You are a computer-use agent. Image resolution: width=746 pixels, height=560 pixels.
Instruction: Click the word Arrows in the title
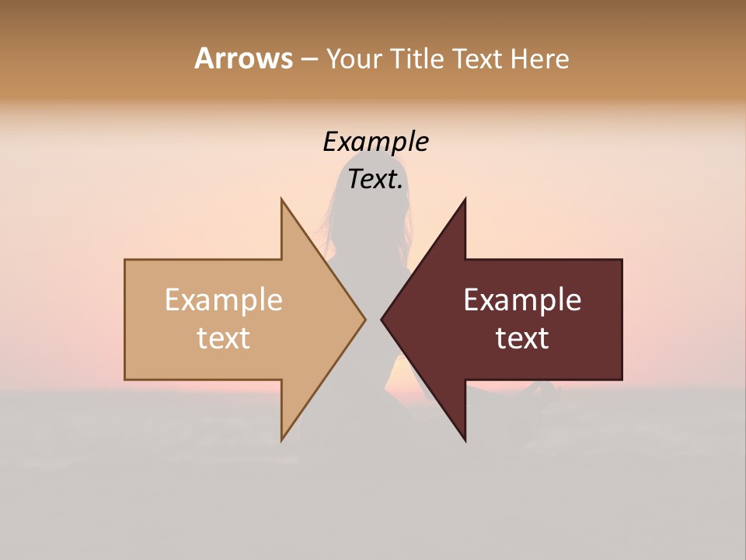[243, 58]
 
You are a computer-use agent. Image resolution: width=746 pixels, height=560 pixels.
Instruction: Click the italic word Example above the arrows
[375, 142]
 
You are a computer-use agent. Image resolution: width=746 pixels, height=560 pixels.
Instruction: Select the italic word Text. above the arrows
[375, 180]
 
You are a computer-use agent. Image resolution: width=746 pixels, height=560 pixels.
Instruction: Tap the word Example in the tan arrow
[224, 300]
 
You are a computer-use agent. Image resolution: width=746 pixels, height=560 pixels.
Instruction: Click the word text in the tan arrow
[224, 338]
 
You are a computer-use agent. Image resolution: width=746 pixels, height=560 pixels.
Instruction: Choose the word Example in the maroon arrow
[522, 300]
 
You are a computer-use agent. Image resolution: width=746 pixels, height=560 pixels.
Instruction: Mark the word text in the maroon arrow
[522, 338]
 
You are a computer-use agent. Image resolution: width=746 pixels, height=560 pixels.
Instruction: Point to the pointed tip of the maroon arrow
[382, 319]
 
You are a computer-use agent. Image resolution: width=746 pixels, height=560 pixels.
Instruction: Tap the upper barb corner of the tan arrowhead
[282, 200]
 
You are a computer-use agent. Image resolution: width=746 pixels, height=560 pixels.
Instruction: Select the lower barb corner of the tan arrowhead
[282, 439]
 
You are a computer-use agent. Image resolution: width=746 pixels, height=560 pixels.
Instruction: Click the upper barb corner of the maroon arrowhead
[465, 200]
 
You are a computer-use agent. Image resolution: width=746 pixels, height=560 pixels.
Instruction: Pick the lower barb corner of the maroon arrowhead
[465, 440]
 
